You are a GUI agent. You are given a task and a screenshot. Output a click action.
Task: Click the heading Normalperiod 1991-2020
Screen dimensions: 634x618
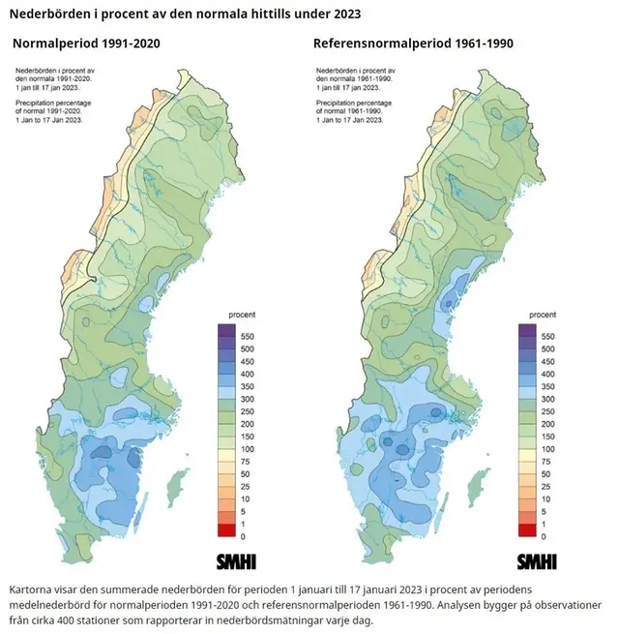(x=86, y=44)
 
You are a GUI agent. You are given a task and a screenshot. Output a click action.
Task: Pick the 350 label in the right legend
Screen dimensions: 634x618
(x=549, y=386)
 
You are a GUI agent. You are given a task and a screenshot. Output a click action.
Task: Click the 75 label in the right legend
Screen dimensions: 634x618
(x=547, y=462)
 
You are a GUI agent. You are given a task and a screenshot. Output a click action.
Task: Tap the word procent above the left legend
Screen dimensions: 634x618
(x=241, y=316)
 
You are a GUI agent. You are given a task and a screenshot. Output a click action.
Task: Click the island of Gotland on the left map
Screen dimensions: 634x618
(x=177, y=482)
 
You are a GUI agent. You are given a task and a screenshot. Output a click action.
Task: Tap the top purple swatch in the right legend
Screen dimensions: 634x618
(x=527, y=330)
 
